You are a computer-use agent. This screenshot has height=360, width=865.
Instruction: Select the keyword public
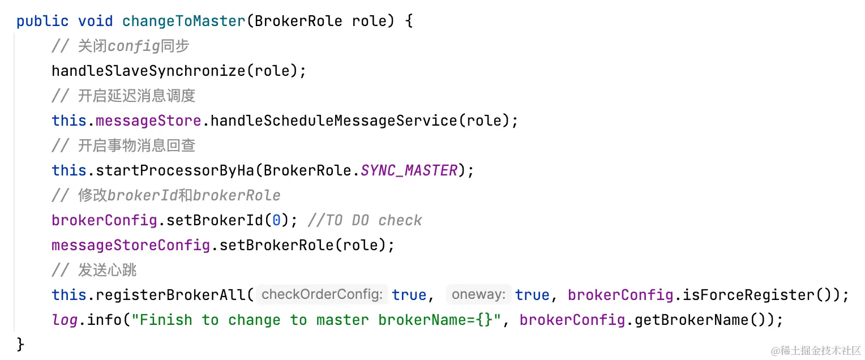tap(42, 22)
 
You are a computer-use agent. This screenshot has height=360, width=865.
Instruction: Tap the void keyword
tap(95, 22)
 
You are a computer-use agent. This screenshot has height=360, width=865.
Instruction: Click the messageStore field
tap(148, 121)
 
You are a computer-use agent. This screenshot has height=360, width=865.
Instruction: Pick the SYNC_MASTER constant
tap(409, 170)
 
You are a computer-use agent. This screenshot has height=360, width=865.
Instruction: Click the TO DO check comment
tap(365, 220)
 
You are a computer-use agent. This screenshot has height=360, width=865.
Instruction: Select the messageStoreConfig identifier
tap(130, 245)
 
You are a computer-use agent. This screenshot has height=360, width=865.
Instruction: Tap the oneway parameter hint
tap(479, 295)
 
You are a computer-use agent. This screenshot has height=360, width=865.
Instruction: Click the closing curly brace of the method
tap(21, 344)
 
